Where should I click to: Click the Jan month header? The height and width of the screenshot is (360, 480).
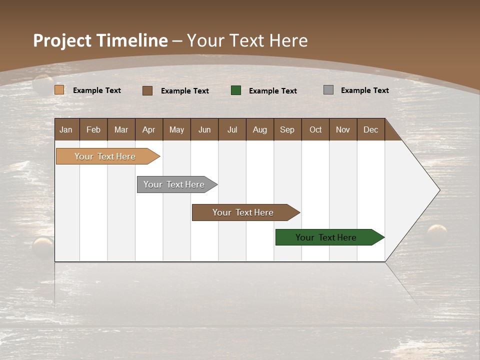66,129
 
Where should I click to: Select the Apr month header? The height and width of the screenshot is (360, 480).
149,129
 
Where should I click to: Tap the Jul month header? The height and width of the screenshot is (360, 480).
232,129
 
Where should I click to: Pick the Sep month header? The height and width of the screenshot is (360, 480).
287,129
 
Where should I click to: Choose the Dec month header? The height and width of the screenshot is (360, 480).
371,129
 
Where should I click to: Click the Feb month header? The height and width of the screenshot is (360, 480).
93,129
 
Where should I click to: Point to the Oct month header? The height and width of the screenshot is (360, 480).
315,129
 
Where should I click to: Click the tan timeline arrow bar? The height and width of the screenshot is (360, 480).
105,156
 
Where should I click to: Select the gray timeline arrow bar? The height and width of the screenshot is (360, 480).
174,184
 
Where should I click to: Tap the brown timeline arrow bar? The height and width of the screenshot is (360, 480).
243,212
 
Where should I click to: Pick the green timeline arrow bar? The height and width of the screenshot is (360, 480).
326,237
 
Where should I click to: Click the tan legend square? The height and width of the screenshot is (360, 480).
59,90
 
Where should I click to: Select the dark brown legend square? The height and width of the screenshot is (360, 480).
147,90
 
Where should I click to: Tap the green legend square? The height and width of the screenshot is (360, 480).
236,90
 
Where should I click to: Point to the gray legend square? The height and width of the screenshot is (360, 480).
328,90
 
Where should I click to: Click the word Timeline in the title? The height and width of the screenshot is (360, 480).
132,40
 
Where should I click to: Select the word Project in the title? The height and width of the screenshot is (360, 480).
62,40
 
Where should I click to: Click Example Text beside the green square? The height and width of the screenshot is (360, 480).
273,90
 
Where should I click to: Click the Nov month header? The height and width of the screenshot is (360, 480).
343,129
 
